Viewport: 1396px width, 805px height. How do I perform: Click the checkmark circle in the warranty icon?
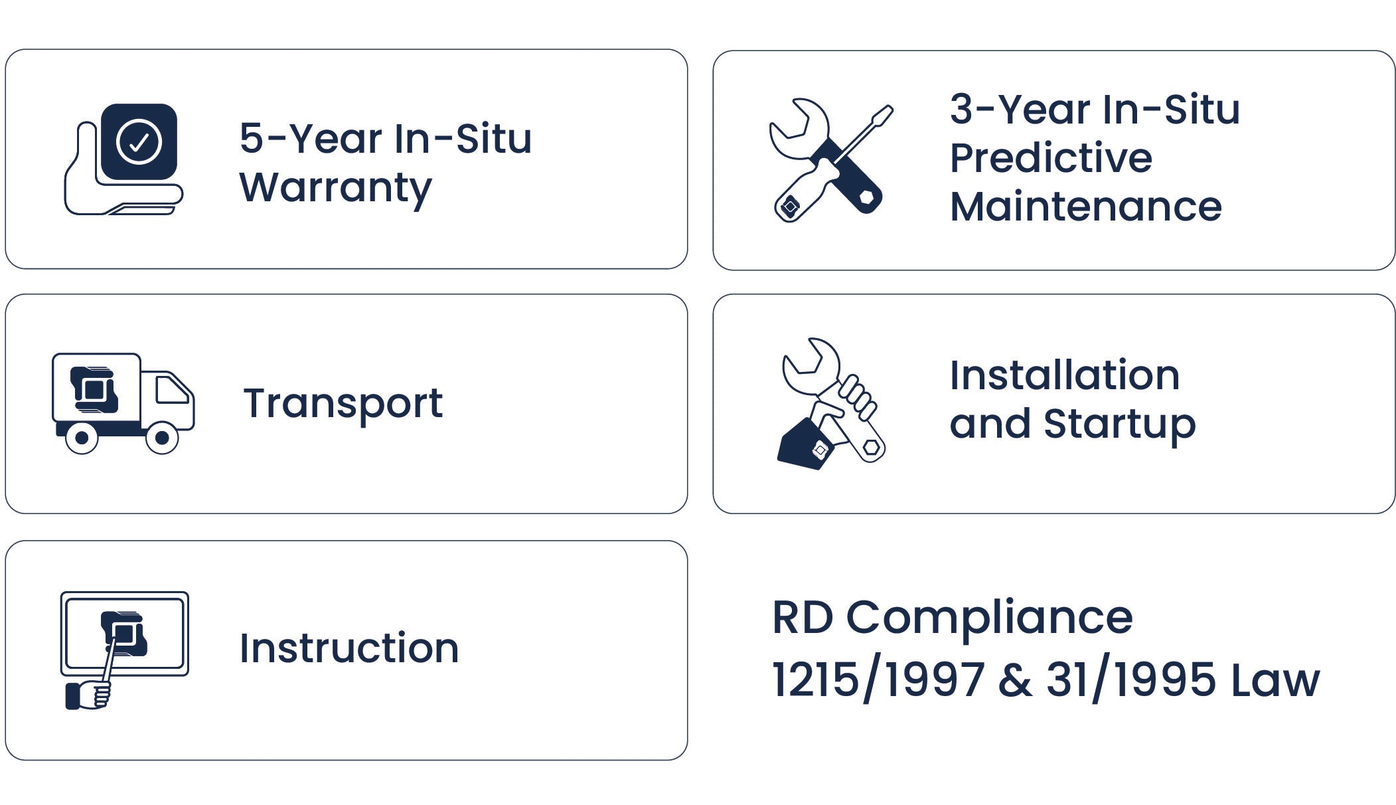(139, 141)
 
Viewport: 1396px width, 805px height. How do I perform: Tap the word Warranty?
(335, 188)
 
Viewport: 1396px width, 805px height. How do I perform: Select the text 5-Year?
(311, 139)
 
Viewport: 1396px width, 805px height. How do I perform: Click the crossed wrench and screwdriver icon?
(831, 160)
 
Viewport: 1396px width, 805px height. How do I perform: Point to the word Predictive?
(1051, 158)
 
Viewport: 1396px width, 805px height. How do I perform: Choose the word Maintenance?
(1086, 207)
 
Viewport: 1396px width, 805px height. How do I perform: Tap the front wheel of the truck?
(162, 438)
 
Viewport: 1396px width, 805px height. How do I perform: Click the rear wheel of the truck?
(82, 438)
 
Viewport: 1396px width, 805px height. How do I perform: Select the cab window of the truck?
(171, 389)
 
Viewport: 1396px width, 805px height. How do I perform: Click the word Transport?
(343, 404)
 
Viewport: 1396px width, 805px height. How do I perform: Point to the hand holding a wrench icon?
(830, 404)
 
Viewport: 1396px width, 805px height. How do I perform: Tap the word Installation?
(1065, 375)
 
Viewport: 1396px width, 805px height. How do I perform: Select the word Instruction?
(349, 648)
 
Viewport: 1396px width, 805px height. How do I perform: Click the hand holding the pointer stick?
(88, 695)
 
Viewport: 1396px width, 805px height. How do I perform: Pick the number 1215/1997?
(878, 680)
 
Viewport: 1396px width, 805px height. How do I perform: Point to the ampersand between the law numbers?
(1015, 680)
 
